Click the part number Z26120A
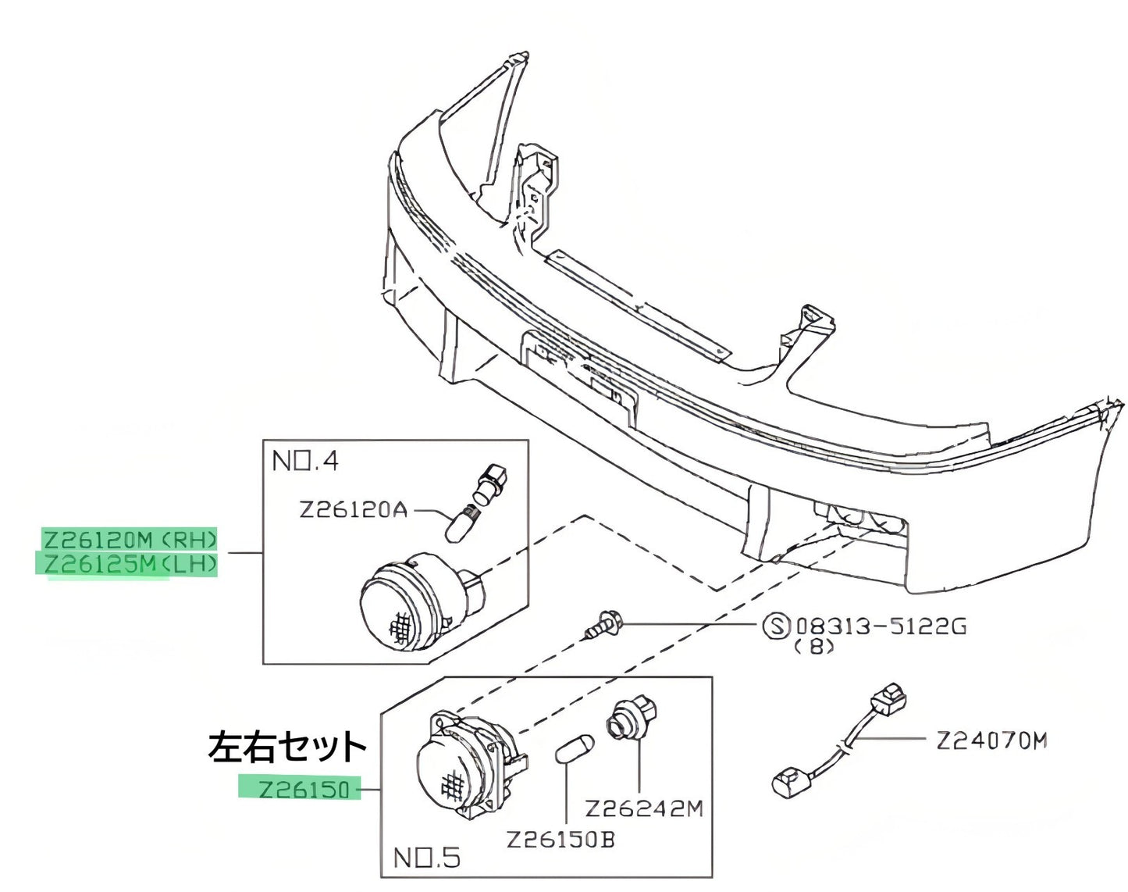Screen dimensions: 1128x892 click(x=354, y=510)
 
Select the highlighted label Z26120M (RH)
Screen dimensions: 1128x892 click(x=130, y=540)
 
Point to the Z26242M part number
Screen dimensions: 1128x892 click(x=644, y=809)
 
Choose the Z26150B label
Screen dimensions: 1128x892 click(x=560, y=840)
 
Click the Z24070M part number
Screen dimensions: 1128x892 click(x=991, y=741)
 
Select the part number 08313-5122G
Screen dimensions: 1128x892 click(x=881, y=626)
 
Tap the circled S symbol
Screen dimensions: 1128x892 click(x=776, y=626)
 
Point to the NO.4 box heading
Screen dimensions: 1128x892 click(x=305, y=462)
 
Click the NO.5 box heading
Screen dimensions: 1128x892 click(x=427, y=858)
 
